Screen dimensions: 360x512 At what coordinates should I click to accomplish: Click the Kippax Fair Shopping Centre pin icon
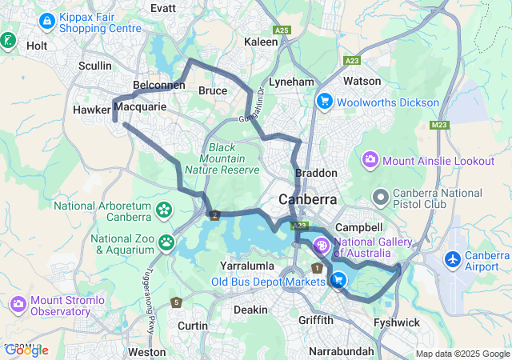(x=47, y=18)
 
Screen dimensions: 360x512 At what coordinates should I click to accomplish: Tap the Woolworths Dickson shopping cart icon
(x=325, y=102)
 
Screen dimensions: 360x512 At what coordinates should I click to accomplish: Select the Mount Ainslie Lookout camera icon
(x=370, y=160)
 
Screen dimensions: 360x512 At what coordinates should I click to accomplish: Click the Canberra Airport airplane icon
(x=453, y=259)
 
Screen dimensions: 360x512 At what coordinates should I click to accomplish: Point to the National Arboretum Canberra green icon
(x=164, y=210)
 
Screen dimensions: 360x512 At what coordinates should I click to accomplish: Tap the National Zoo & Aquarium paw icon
(x=166, y=242)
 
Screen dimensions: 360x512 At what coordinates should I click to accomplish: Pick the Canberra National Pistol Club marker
(x=381, y=195)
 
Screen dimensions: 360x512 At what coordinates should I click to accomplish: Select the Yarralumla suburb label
(x=246, y=265)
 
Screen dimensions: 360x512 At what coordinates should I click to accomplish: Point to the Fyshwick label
(x=396, y=322)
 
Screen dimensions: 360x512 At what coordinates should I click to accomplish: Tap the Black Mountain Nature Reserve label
(x=222, y=158)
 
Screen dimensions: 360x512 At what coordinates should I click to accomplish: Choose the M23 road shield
(x=438, y=125)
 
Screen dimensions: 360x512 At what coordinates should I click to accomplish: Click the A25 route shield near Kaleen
(x=281, y=30)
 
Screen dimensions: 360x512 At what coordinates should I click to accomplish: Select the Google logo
(x=26, y=350)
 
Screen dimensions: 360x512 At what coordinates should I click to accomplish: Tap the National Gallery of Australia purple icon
(x=322, y=245)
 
